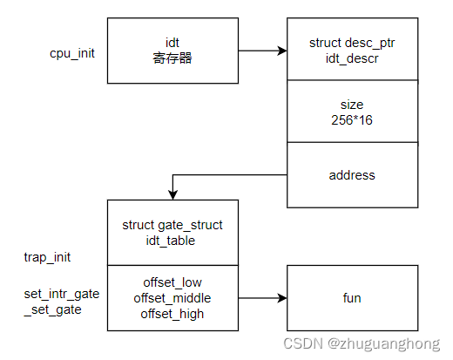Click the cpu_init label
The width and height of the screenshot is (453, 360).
pyautogui.click(x=72, y=53)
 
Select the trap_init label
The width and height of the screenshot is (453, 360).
pyautogui.click(x=48, y=257)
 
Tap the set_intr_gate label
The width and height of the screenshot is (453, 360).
pyautogui.click(x=61, y=294)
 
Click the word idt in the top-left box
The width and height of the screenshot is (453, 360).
pyautogui.click(x=172, y=43)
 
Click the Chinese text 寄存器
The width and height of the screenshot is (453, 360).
pyautogui.click(x=172, y=58)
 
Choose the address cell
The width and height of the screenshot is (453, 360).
pyautogui.click(x=352, y=175)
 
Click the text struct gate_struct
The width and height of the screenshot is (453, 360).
pyautogui.click(x=172, y=225)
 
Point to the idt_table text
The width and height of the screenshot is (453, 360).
pyautogui.click(x=172, y=240)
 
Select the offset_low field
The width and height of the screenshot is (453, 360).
pyautogui.click(x=172, y=282)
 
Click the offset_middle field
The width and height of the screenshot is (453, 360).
pyautogui.click(x=172, y=297)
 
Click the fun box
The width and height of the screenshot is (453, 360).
pyautogui.click(x=352, y=298)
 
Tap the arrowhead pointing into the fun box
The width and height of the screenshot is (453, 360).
pyautogui.click(x=281, y=298)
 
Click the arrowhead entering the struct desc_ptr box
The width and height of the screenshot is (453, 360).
pyautogui.click(x=281, y=51)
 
